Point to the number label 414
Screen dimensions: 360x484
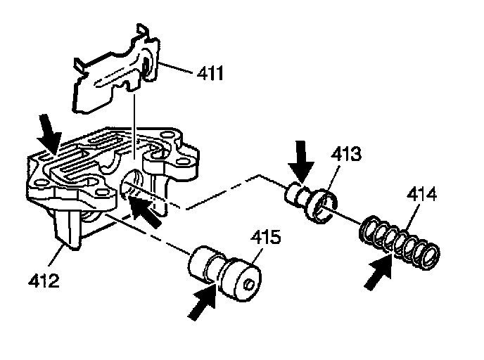point(420,196)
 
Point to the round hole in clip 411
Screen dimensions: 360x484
point(148,67)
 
